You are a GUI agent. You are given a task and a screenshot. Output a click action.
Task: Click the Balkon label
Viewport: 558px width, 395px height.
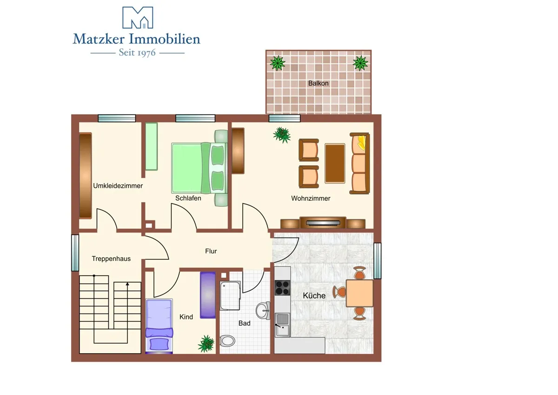click(318, 83)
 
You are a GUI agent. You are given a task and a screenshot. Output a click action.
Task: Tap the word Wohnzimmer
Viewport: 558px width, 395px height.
click(311, 198)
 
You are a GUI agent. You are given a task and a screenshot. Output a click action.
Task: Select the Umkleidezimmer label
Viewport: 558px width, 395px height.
click(118, 186)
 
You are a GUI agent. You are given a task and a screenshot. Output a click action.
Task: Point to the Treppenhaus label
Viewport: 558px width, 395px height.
click(111, 259)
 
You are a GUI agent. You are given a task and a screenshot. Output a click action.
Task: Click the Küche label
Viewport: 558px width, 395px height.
click(314, 296)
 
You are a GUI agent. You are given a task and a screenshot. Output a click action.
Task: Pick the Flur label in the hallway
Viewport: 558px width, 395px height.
click(211, 251)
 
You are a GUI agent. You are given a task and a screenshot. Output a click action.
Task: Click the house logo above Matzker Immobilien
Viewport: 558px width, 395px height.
click(138, 17)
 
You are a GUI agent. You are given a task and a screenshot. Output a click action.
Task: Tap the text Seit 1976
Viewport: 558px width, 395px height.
click(137, 53)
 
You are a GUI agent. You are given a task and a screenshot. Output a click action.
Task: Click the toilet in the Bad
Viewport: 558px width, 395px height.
click(227, 341)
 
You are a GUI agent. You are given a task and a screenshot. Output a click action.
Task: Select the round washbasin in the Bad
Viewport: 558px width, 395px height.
click(263, 311)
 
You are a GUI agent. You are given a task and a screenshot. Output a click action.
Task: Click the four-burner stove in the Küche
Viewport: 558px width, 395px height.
click(282, 288)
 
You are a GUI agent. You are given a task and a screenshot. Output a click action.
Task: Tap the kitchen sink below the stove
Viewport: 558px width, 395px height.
click(283, 325)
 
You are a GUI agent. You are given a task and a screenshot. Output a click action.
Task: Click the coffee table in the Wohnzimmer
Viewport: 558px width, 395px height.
click(335, 163)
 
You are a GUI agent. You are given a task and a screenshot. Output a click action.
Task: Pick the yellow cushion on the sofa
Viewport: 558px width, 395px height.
click(361, 143)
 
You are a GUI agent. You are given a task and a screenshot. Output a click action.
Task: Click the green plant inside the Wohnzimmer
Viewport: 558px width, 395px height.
click(282, 135)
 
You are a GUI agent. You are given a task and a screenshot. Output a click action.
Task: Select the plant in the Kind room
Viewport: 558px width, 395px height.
click(206, 344)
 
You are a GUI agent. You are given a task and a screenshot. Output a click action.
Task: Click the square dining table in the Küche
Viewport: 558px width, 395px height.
click(359, 293)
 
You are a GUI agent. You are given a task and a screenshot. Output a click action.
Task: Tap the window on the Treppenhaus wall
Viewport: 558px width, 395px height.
click(75, 253)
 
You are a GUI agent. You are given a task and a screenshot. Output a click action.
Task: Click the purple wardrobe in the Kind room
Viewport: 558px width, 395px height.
click(208, 295)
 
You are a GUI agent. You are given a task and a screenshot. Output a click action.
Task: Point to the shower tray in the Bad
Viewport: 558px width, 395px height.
click(230, 296)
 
